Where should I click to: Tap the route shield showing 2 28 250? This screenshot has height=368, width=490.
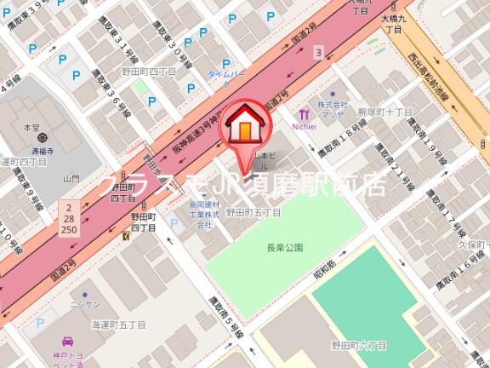point(69,220)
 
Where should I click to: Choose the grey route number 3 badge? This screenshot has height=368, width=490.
point(318,53)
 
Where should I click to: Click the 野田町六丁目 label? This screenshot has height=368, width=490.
point(358,345)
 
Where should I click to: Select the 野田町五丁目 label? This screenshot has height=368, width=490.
point(253,212)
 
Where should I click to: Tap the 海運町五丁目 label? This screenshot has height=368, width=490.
point(118,325)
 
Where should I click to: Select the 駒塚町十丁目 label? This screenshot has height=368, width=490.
point(385,112)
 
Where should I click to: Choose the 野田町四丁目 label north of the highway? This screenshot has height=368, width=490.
point(148,72)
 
